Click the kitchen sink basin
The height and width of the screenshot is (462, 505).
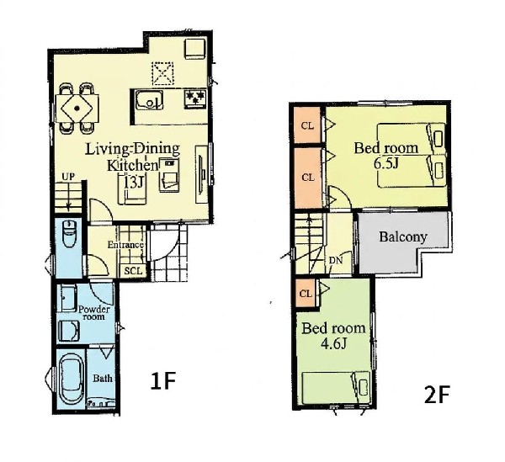point(149,100)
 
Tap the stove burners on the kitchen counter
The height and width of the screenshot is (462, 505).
point(195,98)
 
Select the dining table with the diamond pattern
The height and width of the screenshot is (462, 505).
point(77,109)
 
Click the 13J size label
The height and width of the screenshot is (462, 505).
point(133,183)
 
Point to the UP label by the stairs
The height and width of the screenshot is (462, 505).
point(68,177)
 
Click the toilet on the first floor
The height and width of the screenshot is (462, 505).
point(68,233)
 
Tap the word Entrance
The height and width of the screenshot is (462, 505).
point(125,245)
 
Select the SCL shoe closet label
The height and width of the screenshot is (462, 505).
point(133,271)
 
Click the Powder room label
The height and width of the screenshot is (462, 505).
point(94,313)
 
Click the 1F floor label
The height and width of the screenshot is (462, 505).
point(163,381)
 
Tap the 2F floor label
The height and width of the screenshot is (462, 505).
point(437,395)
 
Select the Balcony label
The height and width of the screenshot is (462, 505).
point(403,237)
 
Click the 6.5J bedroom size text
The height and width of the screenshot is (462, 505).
point(386,164)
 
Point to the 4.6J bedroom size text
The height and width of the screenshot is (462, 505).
point(333,344)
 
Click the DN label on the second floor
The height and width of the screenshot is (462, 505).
point(336,261)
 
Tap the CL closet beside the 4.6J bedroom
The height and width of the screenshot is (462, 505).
point(306,294)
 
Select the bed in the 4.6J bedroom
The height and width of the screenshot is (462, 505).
point(336,387)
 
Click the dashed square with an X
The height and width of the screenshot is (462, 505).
point(162,74)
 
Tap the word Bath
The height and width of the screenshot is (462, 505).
point(103,378)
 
